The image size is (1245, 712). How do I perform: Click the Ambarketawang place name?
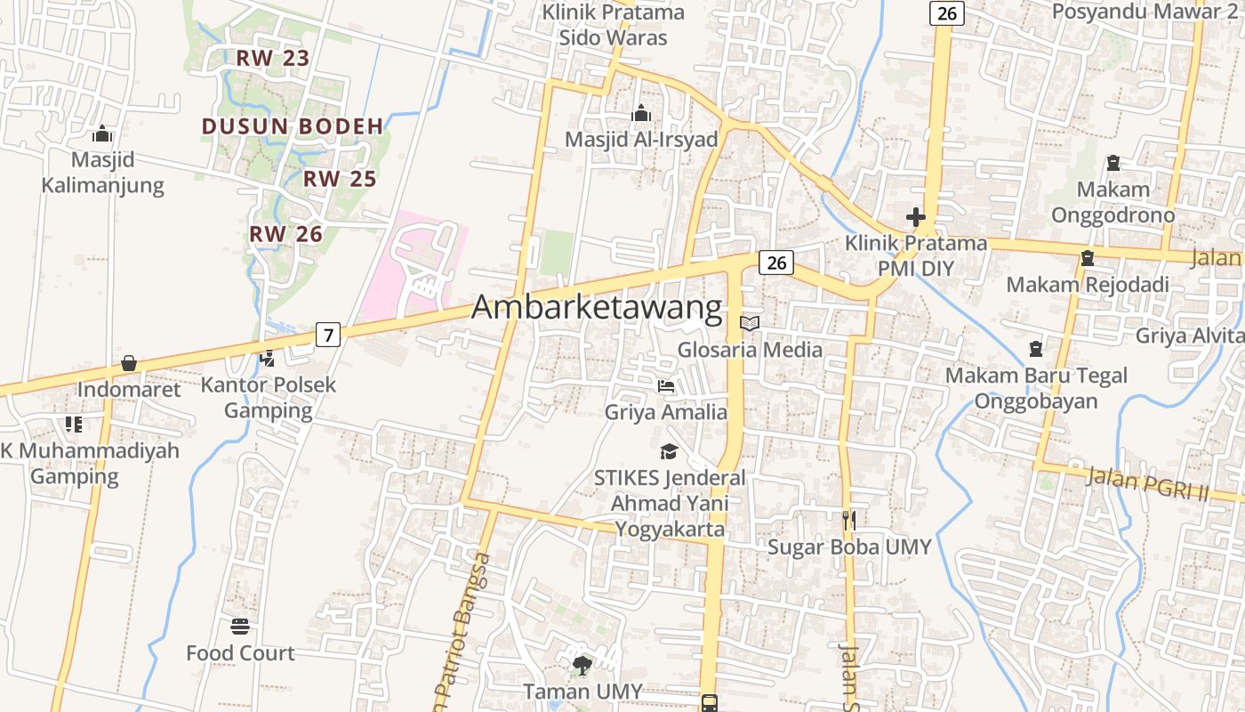(x=597, y=308)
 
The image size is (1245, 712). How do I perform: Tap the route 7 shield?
(x=329, y=335)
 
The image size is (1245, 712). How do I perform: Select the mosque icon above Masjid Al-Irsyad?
(x=641, y=113)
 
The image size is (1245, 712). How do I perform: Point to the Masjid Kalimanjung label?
(x=103, y=173)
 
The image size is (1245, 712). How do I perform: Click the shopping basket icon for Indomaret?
(x=129, y=364)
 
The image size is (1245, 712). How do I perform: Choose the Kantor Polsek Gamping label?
(x=269, y=398)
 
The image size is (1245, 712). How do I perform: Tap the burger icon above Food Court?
(x=240, y=627)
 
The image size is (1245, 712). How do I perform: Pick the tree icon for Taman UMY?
(x=582, y=664)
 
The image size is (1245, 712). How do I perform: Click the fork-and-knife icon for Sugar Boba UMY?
(x=848, y=519)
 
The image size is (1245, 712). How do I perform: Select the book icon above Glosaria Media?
(x=750, y=323)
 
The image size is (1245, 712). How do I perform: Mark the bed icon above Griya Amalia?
(x=666, y=386)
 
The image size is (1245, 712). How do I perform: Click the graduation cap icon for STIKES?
(x=669, y=452)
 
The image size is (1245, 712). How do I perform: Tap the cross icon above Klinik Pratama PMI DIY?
(x=915, y=216)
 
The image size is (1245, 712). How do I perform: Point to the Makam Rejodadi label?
(x=1088, y=285)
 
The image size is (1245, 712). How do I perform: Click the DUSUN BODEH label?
(x=292, y=126)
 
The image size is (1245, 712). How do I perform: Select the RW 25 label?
(x=340, y=179)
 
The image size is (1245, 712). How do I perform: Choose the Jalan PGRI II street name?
(x=1147, y=483)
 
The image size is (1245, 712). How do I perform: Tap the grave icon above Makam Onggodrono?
(x=1112, y=163)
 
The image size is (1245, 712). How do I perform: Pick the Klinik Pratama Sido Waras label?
(x=613, y=25)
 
